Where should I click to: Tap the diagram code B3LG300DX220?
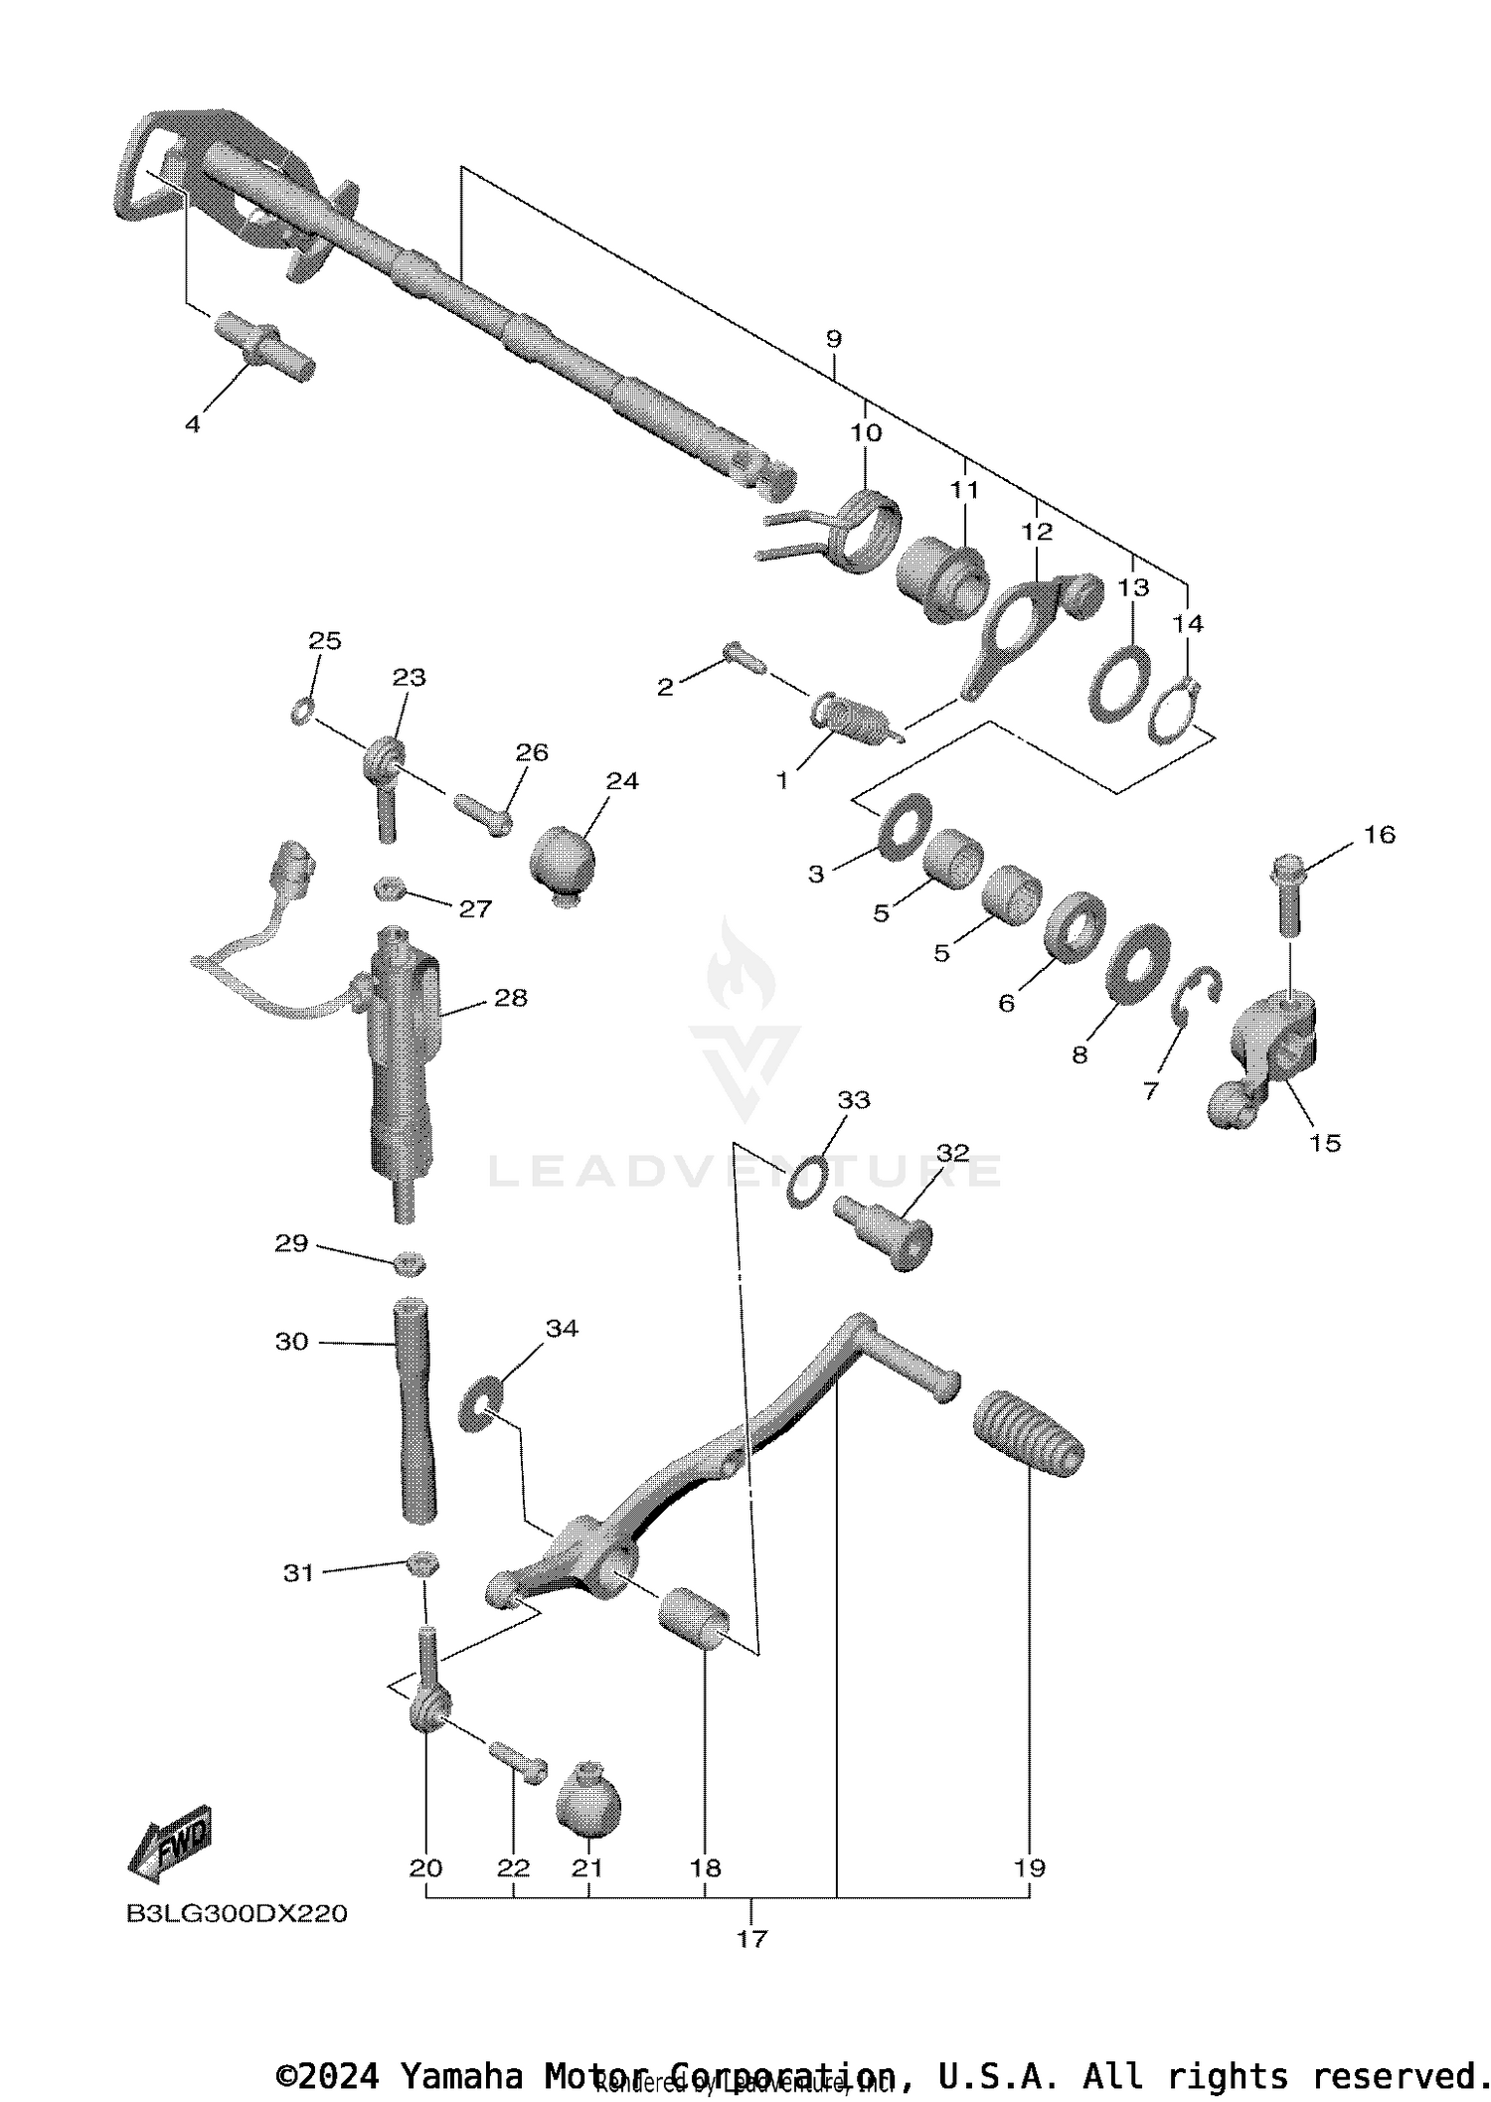(x=237, y=1914)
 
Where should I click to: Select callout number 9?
(x=833, y=339)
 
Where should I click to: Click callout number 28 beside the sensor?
(x=511, y=998)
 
